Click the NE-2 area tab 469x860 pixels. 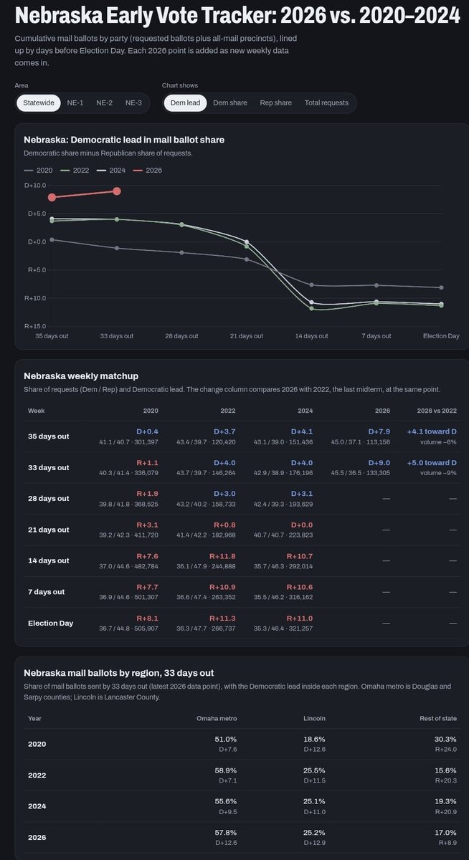tap(104, 103)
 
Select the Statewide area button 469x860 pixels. tap(39, 103)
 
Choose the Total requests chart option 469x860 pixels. tap(326, 103)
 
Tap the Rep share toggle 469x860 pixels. tap(276, 103)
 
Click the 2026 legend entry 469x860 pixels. tap(148, 170)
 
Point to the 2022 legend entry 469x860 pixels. tap(75, 170)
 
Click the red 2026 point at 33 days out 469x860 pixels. tap(117, 191)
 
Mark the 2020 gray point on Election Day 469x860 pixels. tap(441, 287)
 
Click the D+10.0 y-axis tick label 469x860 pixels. tap(35, 186)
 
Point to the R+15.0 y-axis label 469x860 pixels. tap(35, 326)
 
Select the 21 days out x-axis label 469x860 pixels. tap(247, 336)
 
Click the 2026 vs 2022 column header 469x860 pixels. tap(437, 411)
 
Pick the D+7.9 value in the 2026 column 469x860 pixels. tap(379, 431)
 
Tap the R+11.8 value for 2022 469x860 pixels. tap(222, 556)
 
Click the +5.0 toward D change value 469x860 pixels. tap(432, 463)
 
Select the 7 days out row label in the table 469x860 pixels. tap(46, 592)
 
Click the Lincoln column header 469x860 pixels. tap(314, 718)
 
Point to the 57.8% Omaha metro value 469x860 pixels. tap(225, 833)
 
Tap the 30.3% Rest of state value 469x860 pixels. tap(445, 739)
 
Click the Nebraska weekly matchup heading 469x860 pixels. tap(81, 376)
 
